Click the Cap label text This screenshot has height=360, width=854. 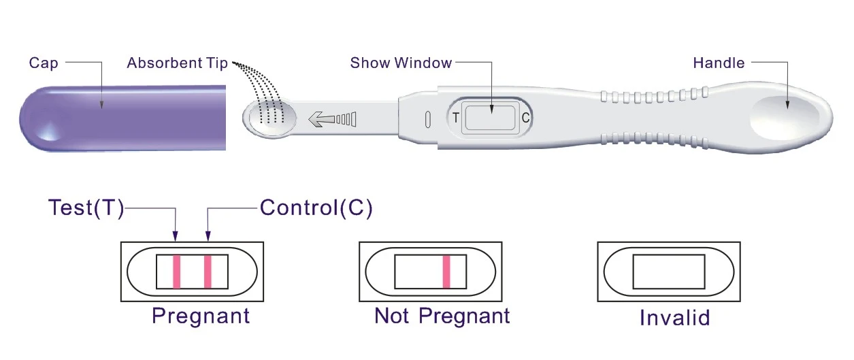43,63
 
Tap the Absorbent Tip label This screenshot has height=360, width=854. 177,63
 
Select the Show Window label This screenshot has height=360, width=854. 401,63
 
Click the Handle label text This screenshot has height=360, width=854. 719,63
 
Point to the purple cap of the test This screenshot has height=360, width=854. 122,117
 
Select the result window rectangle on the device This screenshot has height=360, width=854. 490,118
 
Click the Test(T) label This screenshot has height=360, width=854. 86,208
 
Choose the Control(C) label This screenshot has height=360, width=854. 316,208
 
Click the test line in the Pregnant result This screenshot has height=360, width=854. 176,272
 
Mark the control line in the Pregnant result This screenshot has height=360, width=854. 208,272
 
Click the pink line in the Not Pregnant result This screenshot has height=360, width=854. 447,272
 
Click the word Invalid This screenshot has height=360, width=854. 674,318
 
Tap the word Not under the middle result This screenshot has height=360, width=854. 392,316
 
